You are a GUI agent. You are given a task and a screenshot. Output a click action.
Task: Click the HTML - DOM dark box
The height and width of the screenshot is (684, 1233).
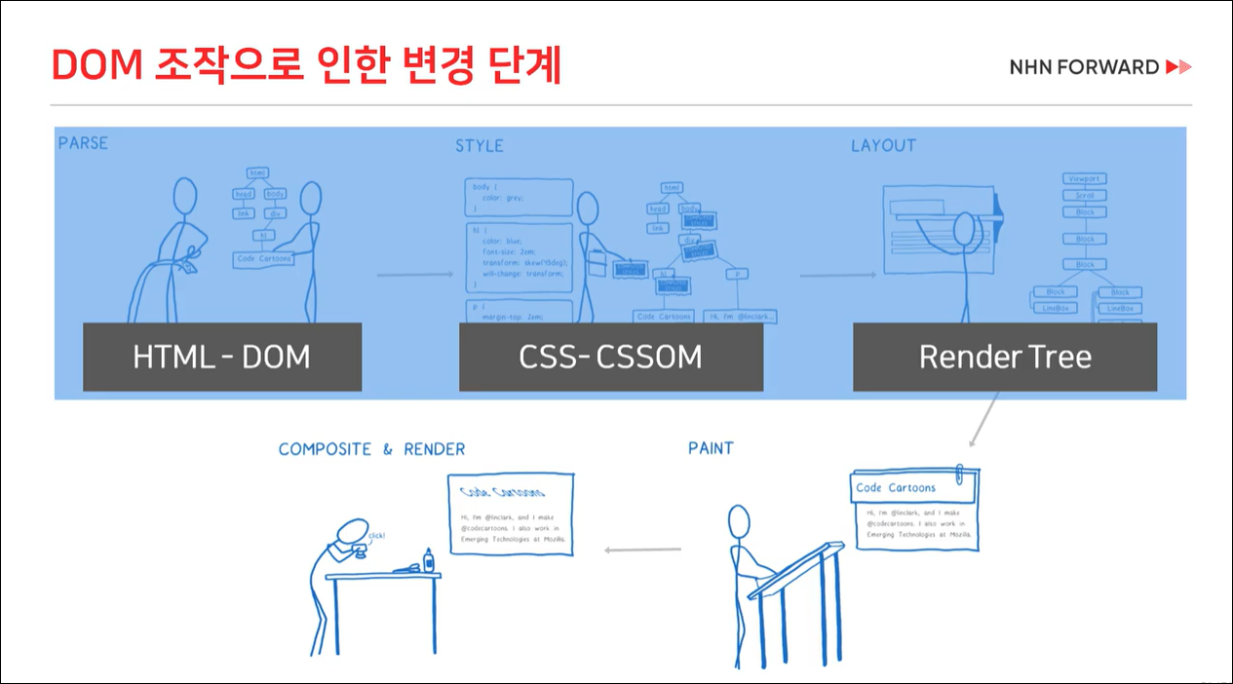[222, 357]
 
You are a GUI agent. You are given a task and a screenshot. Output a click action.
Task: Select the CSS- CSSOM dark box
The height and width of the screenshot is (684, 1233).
[610, 357]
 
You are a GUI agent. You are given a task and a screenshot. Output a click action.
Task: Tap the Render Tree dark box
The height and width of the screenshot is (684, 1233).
[1005, 357]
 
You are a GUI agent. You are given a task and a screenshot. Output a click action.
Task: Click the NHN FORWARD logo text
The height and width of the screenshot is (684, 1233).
[1084, 67]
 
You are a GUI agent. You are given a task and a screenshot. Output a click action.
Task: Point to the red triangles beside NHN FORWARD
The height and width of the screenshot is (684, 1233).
[1178, 67]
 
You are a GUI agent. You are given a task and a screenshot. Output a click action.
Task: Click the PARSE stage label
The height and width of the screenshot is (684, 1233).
[83, 143]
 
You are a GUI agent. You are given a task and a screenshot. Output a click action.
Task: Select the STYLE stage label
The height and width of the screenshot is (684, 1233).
[480, 146]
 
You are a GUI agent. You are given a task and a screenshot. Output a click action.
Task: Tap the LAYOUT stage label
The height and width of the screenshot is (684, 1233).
[883, 145]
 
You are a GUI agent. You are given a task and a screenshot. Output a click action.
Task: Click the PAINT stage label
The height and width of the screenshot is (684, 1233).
[711, 448]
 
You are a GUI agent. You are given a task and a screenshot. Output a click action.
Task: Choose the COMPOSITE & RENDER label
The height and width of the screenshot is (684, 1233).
[371, 449]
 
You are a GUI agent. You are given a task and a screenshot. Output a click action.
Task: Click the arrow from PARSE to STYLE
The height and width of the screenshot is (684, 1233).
[415, 276]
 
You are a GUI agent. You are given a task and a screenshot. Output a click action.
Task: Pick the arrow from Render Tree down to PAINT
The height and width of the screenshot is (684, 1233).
[983, 421]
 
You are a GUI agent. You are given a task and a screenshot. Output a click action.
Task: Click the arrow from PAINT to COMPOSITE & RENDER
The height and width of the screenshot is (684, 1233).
[642, 551]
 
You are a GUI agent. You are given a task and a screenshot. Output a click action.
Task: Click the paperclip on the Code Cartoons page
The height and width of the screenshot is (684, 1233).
[961, 473]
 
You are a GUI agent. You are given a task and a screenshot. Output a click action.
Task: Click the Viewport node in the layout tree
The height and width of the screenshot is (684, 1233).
[1084, 179]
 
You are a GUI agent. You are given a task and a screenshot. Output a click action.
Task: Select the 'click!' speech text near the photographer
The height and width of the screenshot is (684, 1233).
[376, 536]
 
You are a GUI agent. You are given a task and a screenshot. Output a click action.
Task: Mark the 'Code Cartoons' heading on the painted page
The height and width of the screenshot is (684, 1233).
[896, 487]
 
